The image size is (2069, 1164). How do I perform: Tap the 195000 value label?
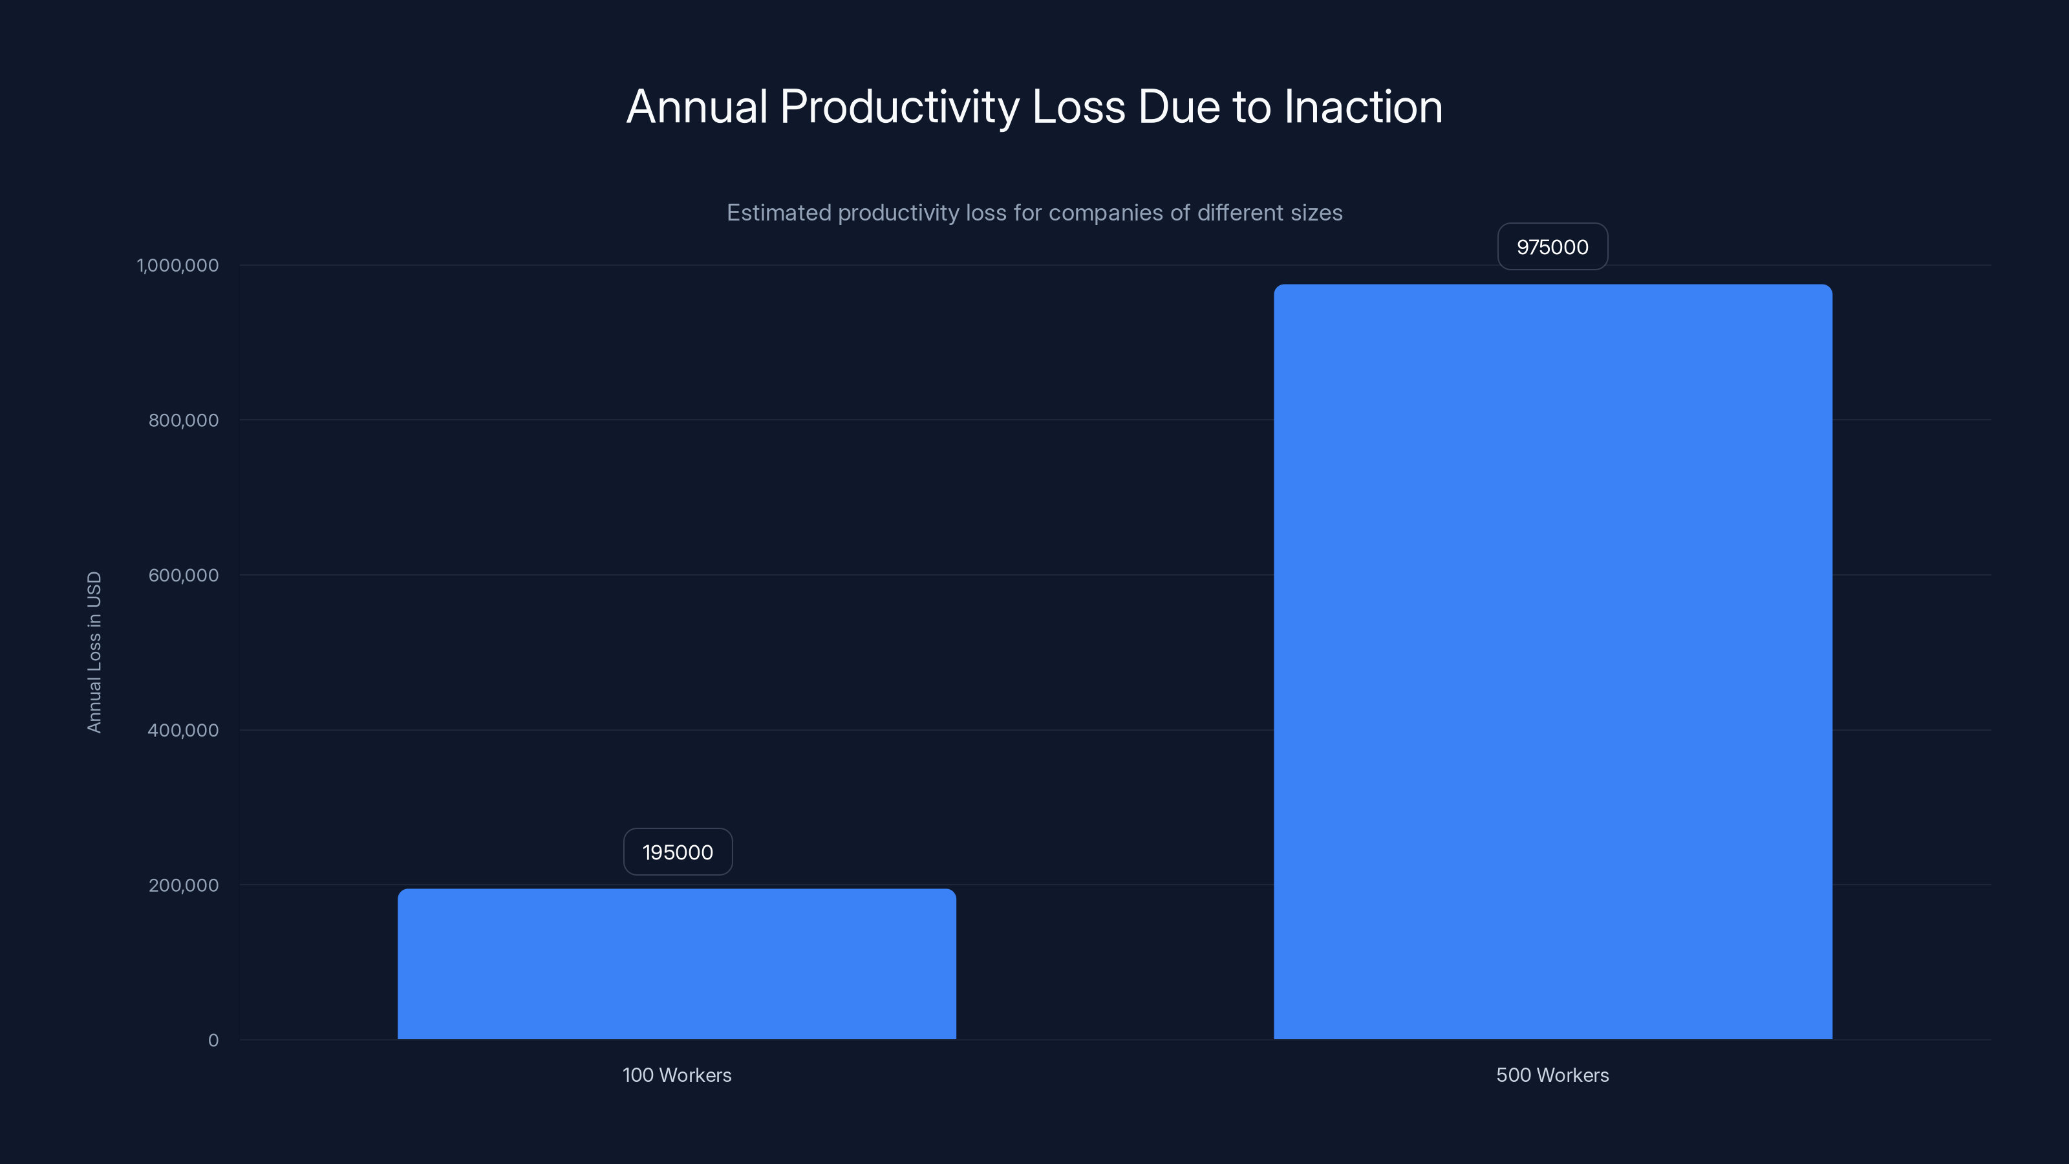[x=677, y=852]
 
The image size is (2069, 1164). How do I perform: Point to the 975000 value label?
[x=1552, y=248]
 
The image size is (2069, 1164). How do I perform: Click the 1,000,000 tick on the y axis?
[x=178, y=266]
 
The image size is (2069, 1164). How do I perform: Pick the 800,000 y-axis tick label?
[x=183, y=421]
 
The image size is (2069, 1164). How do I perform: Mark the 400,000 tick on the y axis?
[x=183, y=731]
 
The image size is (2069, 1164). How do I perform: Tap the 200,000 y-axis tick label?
[x=183, y=886]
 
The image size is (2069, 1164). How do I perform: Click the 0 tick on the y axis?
[x=213, y=1041]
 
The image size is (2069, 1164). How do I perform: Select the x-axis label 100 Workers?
[x=676, y=1075]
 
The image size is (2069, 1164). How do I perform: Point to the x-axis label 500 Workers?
[x=1552, y=1075]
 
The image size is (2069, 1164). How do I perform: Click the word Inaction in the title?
[x=1363, y=107]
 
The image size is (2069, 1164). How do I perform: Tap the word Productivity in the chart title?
[x=899, y=107]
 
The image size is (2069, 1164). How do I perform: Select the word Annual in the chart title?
[x=696, y=107]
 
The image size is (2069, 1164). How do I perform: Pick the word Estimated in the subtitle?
[x=778, y=213]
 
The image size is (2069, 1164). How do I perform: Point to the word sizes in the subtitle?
[x=1317, y=213]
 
